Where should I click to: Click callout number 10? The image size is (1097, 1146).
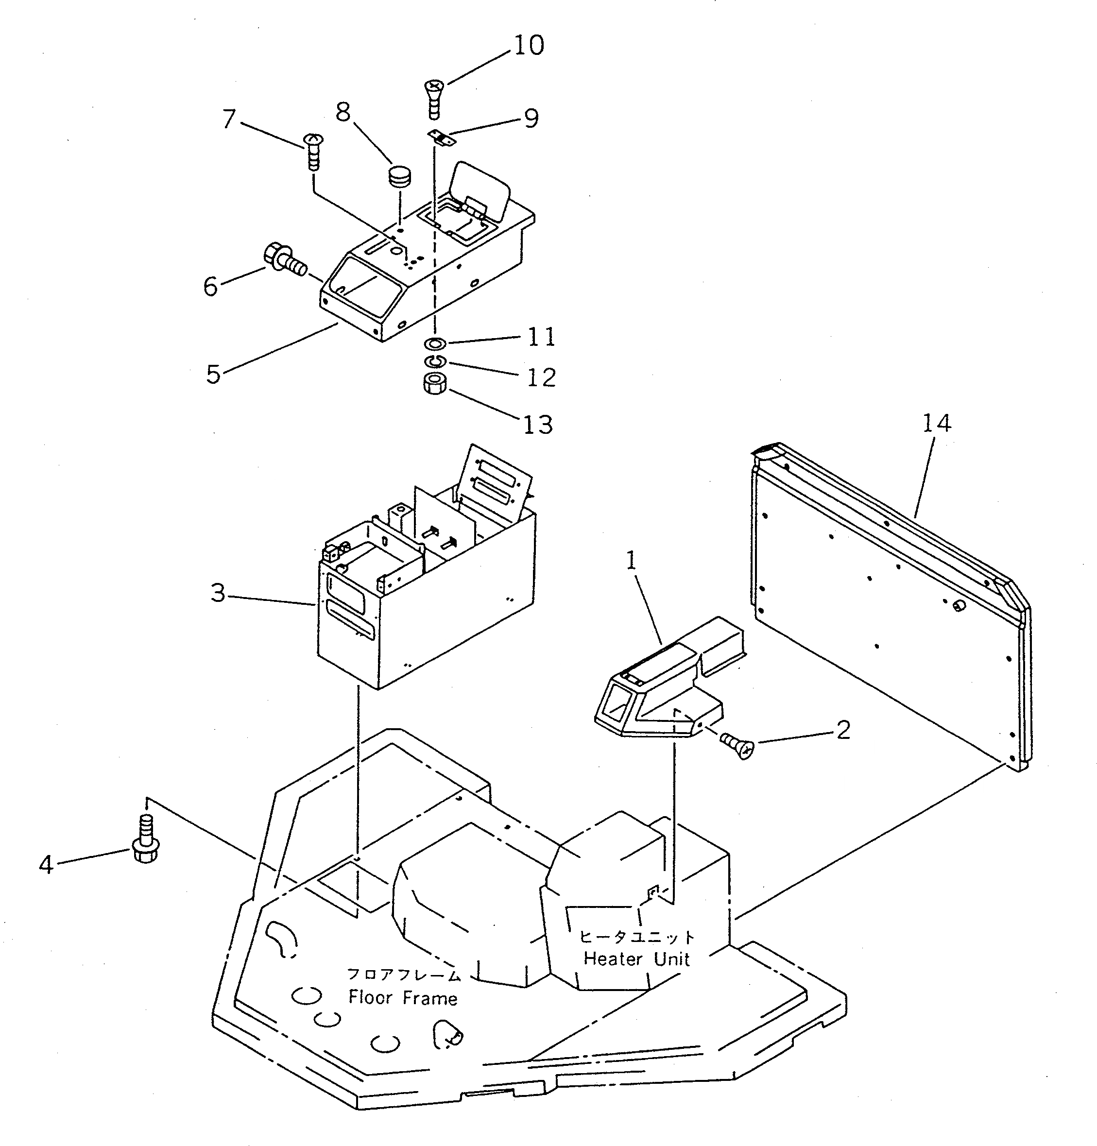tap(529, 46)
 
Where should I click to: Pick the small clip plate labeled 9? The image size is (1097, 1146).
tap(443, 138)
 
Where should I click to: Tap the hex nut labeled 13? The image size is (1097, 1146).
tap(434, 385)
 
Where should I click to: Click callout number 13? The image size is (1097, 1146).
tap(537, 425)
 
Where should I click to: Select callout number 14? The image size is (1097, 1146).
tap(937, 423)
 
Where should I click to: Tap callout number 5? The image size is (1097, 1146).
tap(213, 374)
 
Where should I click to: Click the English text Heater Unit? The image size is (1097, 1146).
tap(637, 959)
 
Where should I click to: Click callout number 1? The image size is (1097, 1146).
tap(631, 561)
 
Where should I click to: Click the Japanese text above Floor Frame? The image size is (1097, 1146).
tap(404, 974)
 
